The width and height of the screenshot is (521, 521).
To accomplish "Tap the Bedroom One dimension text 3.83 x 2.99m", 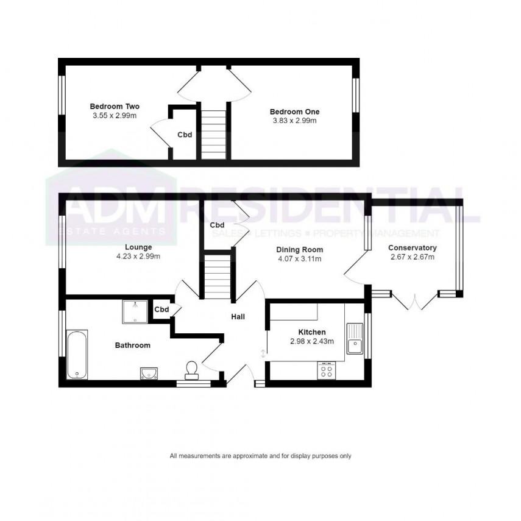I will point(294,121).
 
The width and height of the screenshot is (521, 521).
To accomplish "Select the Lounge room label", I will point(138,247).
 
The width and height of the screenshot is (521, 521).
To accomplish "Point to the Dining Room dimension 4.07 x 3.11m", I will point(299,259).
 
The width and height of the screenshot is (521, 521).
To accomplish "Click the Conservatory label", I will point(413,248).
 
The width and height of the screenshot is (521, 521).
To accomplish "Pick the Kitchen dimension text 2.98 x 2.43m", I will point(312,341).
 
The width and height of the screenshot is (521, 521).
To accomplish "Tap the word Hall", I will point(238,317).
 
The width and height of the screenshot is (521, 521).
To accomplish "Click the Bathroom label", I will point(132,346).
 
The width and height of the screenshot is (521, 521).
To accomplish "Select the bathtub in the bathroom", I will point(77,355).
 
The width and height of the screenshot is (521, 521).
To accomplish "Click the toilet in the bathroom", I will point(191,369).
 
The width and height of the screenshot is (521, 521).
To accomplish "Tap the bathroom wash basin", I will point(149,372).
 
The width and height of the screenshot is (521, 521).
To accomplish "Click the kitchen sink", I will point(355,339).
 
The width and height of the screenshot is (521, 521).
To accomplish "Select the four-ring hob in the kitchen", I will point(326,370).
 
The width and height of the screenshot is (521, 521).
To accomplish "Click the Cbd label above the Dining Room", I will point(218,225).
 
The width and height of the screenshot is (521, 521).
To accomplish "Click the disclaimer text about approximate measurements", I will point(261,456).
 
